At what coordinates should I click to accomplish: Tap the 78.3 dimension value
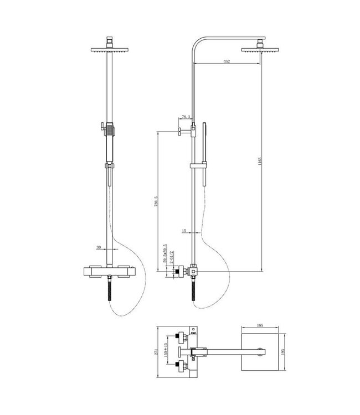click(x=186, y=117)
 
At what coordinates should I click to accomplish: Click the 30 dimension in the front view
click(x=98, y=248)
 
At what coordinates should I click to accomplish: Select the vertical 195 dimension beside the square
click(x=283, y=352)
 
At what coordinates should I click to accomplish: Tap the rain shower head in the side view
click(x=260, y=49)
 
